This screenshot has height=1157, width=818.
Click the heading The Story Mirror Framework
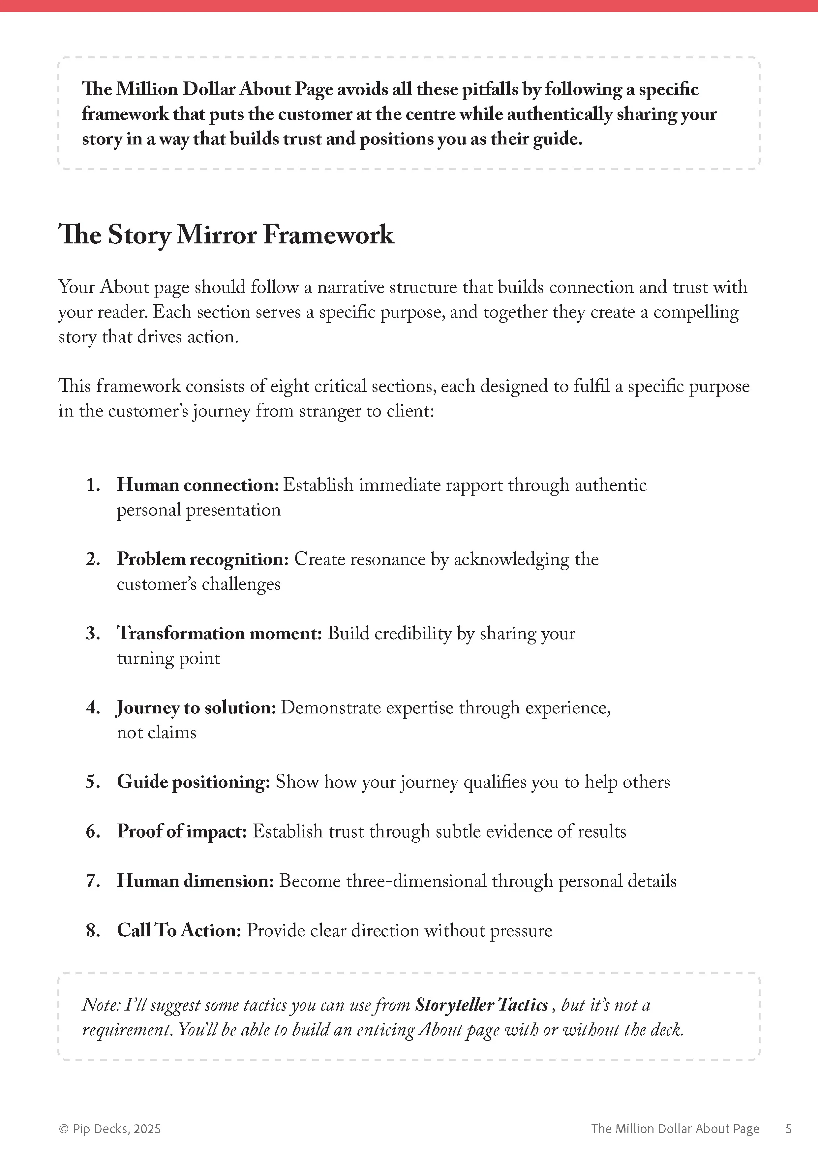(x=226, y=235)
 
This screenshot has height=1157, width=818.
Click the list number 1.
(x=92, y=485)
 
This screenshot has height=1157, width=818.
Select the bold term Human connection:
(x=198, y=485)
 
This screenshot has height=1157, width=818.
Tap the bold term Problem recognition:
(x=202, y=559)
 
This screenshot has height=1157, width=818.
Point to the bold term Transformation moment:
(x=219, y=634)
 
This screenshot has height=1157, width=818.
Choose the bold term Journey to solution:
(x=196, y=708)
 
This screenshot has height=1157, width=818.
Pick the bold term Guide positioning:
(x=194, y=782)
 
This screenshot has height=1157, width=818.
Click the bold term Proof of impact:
(x=182, y=831)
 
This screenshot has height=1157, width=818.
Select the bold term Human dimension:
(x=196, y=881)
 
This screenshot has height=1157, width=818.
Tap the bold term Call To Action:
(x=179, y=930)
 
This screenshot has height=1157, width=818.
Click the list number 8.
(x=93, y=930)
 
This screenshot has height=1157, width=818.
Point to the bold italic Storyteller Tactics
(x=481, y=1005)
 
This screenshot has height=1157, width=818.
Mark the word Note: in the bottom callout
(x=101, y=1005)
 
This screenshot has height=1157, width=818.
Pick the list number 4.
(x=93, y=708)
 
